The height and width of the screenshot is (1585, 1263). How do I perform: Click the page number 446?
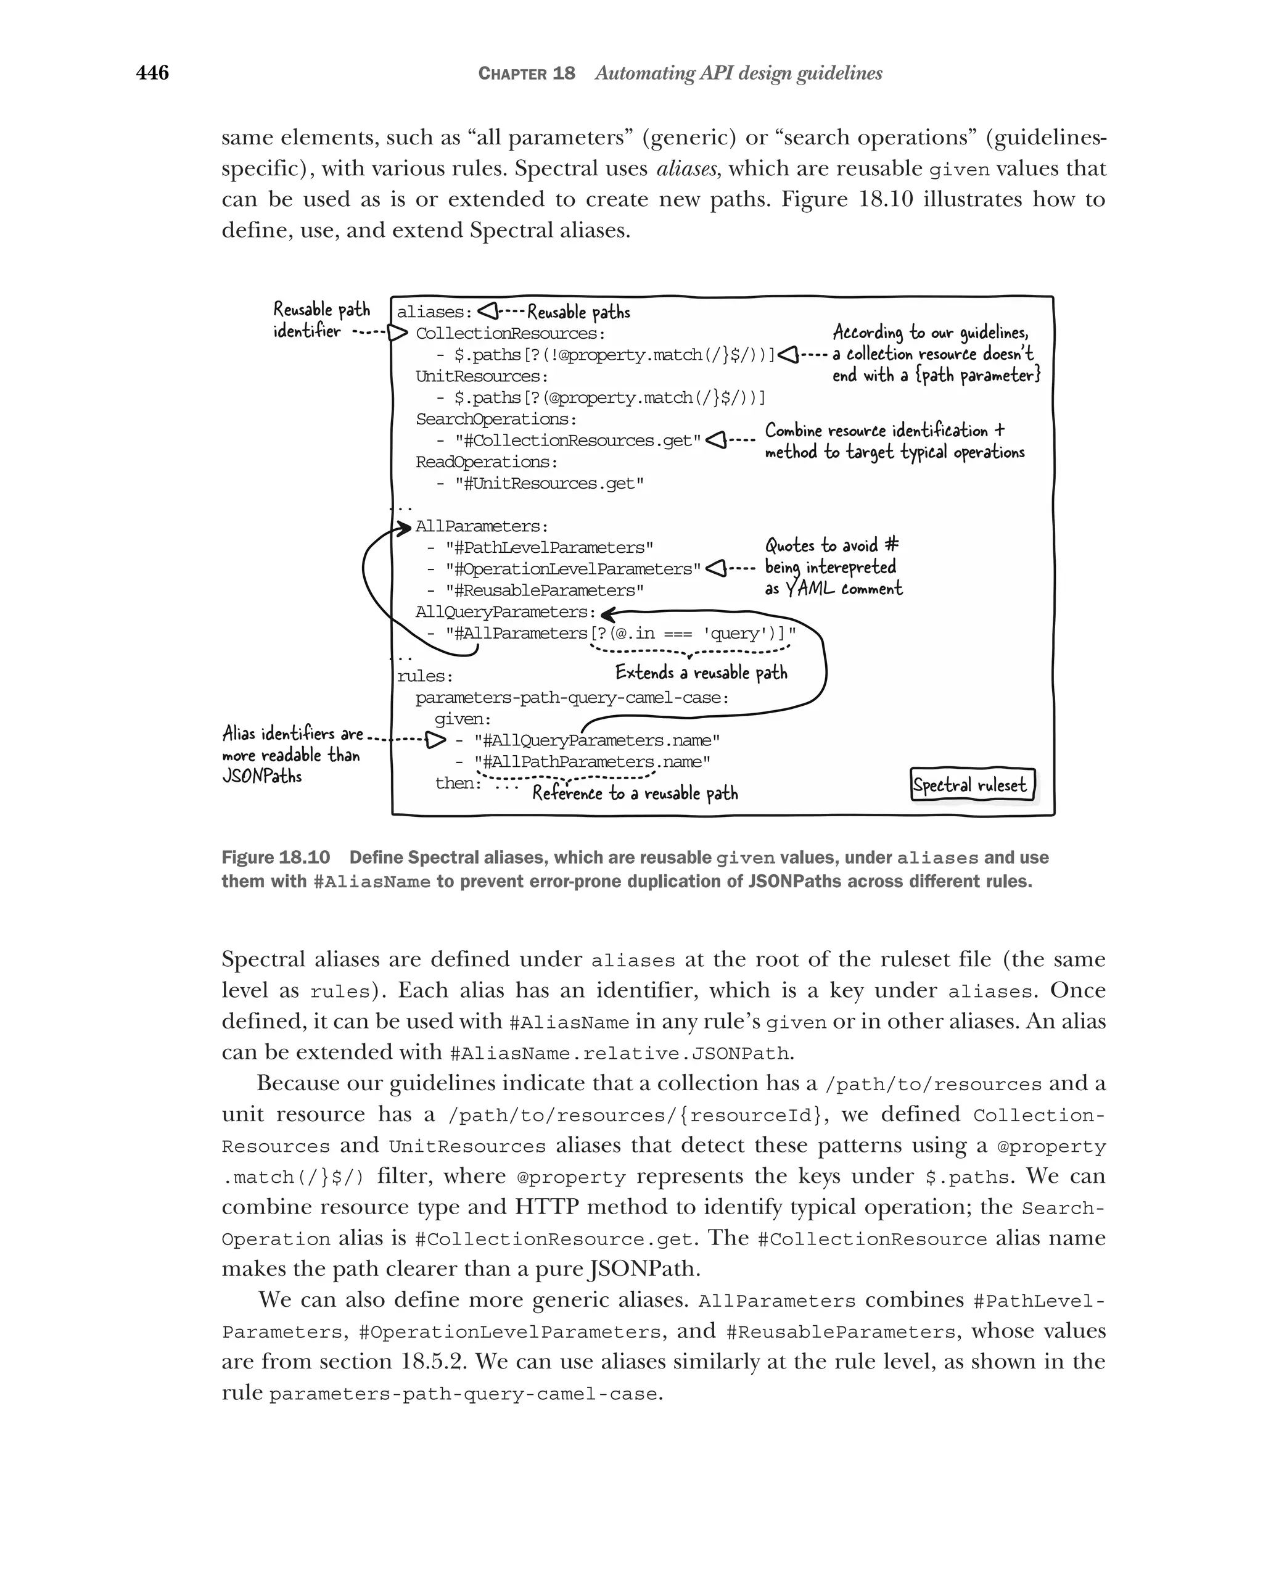click(152, 73)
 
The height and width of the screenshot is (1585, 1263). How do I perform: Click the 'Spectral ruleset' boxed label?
click(971, 785)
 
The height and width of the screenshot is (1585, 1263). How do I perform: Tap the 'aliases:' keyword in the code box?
click(434, 312)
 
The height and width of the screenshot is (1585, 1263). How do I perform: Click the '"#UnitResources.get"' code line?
click(549, 484)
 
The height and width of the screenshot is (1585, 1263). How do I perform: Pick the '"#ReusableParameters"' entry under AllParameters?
click(545, 591)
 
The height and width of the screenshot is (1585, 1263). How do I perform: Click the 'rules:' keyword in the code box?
click(426, 676)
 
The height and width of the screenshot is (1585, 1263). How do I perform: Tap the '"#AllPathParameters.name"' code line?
click(592, 763)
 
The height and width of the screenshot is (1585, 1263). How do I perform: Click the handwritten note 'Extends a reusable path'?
click(701, 672)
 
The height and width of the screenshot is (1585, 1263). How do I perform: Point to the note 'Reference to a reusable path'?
click(635, 793)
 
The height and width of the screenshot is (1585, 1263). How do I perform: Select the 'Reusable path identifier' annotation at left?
click(321, 320)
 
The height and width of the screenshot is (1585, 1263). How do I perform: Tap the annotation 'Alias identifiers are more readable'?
click(292, 755)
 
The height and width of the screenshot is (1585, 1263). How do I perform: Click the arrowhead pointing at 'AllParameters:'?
click(403, 526)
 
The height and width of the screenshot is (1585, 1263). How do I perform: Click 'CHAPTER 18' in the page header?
click(526, 73)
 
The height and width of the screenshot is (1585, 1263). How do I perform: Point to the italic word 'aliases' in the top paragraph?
click(686, 169)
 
